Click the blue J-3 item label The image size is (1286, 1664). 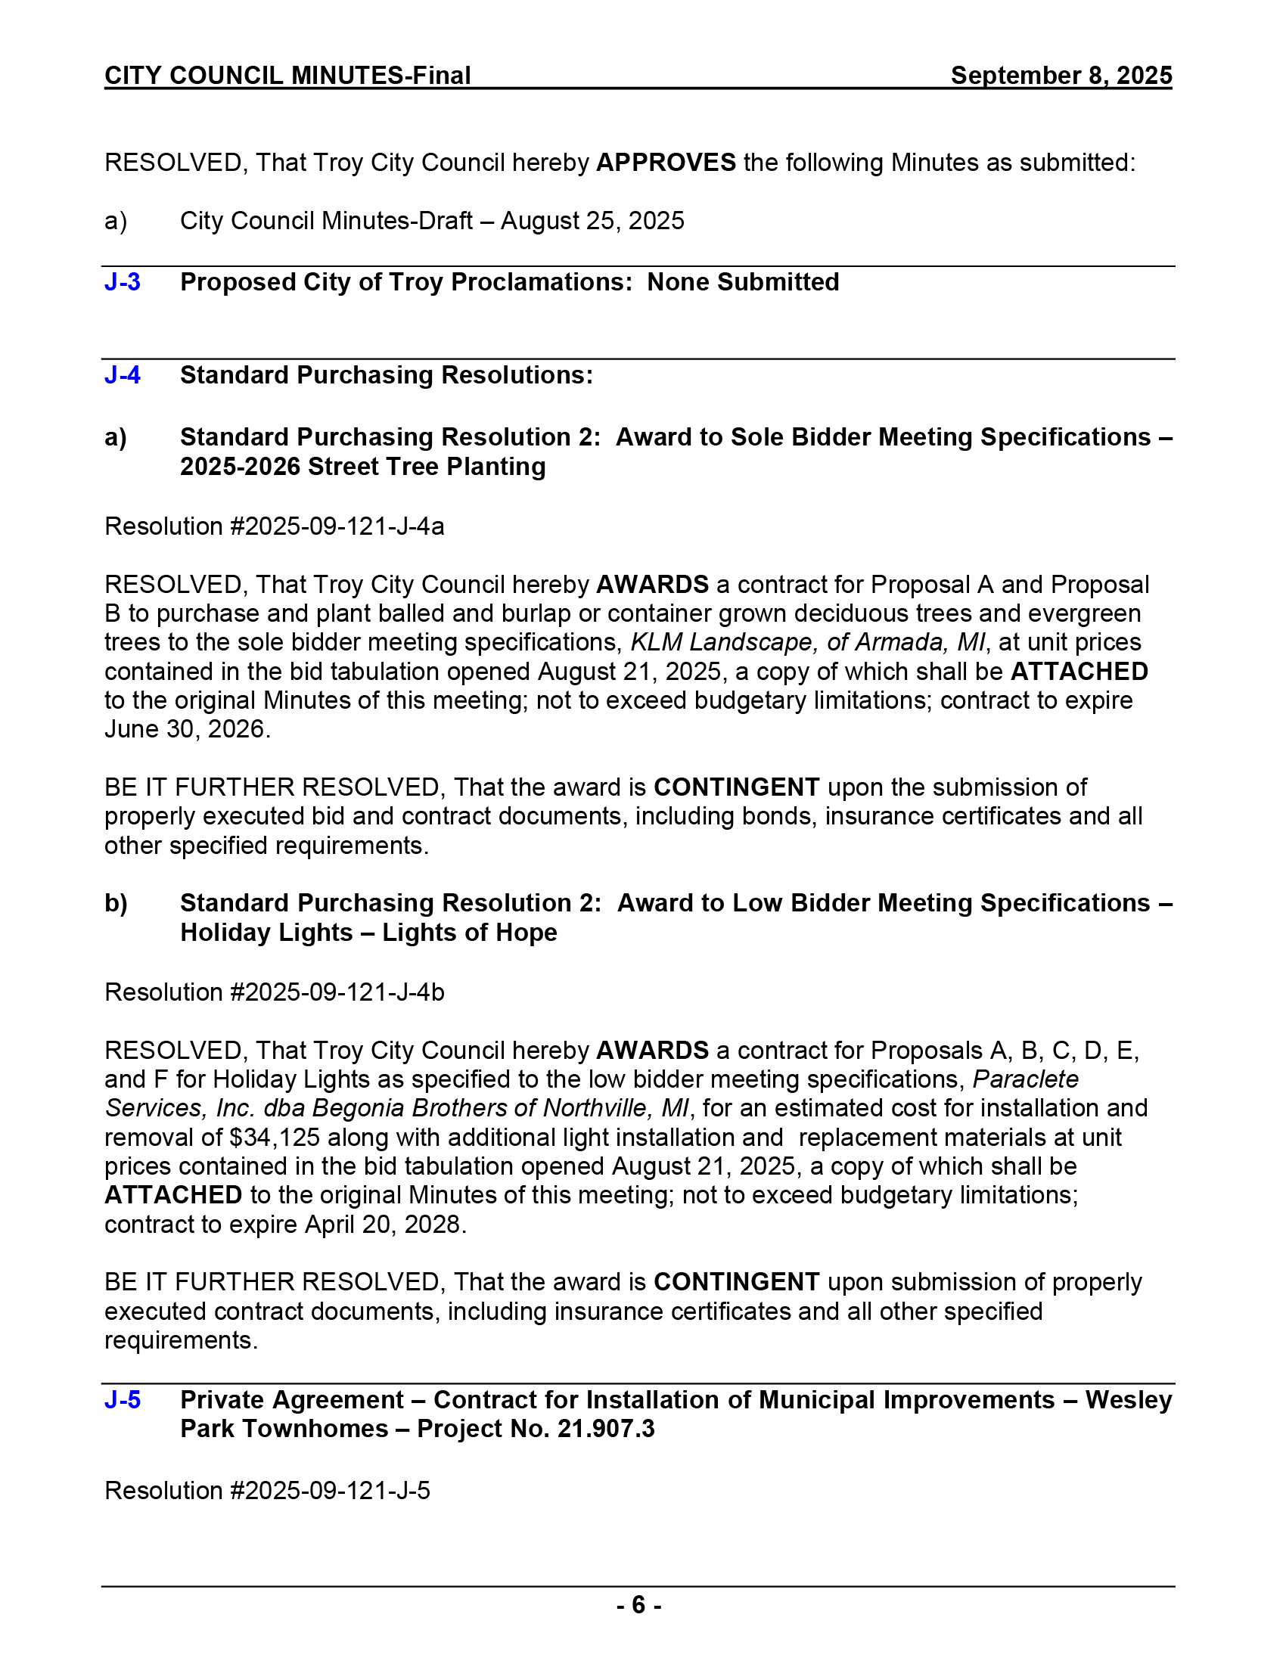(122, 282)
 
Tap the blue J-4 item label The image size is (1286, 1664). (122, 375)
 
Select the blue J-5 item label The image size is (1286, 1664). (122, 1399)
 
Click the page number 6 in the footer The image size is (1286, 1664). (638, 1605)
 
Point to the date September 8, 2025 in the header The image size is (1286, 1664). (1061, 76)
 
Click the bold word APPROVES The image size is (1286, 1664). (665, 163)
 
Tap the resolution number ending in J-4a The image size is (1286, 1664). (275, 526)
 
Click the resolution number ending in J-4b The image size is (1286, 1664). (275, 992)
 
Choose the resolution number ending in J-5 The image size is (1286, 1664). (266, 1489)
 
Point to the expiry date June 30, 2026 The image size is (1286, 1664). (187, 729)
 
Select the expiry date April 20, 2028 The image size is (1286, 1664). (385, 1225)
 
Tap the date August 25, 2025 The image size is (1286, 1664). (592, 221)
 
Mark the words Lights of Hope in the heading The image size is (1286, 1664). (469, 933)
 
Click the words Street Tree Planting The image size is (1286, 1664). (427, 466)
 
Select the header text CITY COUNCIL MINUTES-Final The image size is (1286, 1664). (287, 76)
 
